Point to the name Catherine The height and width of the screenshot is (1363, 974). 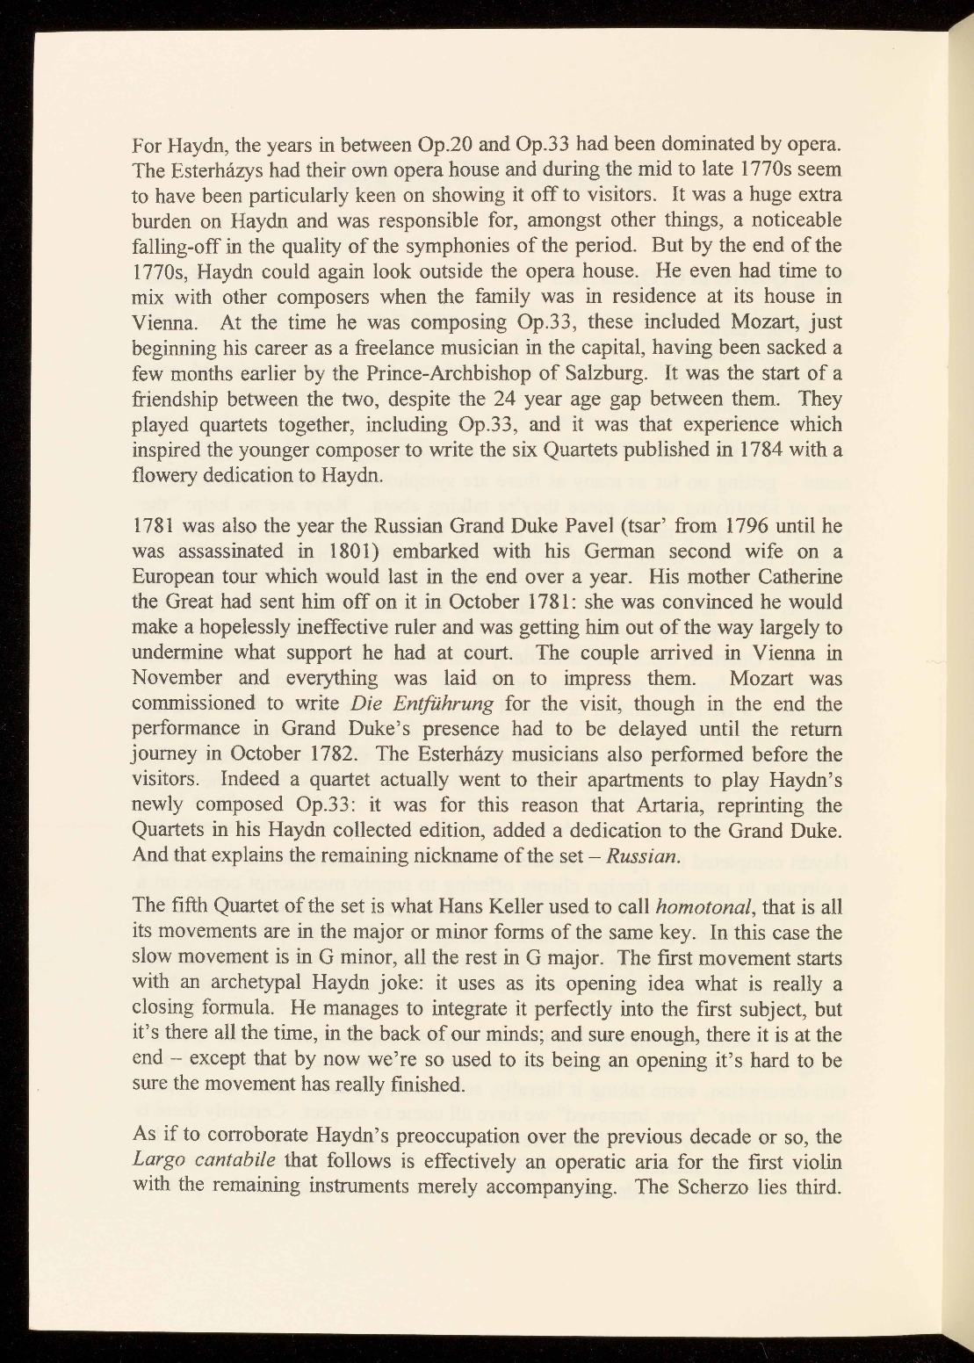click(797, 577)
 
